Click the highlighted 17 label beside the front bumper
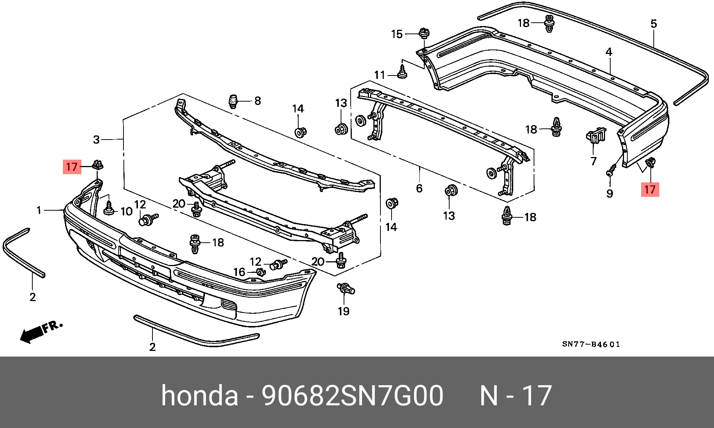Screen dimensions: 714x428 72,167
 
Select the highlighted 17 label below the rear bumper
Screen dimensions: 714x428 650,189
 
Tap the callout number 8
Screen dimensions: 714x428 258,101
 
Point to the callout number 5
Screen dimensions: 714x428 654,24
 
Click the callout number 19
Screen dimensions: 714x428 344,311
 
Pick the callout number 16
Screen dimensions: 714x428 239,272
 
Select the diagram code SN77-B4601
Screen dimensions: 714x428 591,344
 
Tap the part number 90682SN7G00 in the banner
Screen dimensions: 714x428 353,395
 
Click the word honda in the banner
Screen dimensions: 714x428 200,395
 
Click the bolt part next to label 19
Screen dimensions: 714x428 346,288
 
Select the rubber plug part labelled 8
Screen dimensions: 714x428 233,101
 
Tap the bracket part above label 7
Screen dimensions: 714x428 596,135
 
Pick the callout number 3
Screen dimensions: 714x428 96,140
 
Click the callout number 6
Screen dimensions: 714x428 419,188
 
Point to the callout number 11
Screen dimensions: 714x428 380,75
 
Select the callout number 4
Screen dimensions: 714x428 609,52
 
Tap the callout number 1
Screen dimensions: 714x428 39,210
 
